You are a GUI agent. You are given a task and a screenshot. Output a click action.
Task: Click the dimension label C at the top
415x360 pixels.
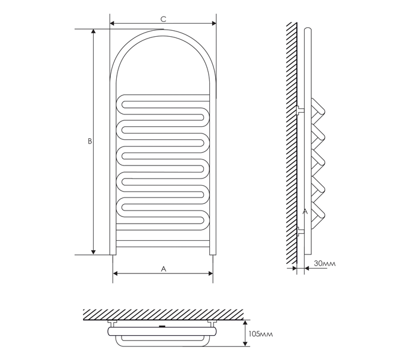coord(163,19)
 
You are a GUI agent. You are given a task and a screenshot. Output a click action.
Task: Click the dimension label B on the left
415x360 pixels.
coord(90,141)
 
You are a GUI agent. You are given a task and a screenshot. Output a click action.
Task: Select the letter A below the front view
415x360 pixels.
coord(164,269)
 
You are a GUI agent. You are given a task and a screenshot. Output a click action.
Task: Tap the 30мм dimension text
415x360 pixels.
coord(325,263)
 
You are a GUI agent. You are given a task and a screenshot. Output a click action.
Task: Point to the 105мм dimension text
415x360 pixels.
coord(260,334)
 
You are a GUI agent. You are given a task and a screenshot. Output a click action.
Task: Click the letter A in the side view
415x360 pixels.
coord(305,212)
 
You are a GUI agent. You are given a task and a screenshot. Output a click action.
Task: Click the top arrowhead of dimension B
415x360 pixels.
coord(93,31)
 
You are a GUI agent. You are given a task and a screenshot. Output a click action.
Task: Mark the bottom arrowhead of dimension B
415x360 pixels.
coord(93,253)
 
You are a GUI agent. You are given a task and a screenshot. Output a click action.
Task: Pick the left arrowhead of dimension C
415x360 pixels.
coord(112,23)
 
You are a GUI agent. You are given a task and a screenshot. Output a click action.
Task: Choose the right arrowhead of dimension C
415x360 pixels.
coord(214,23)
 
